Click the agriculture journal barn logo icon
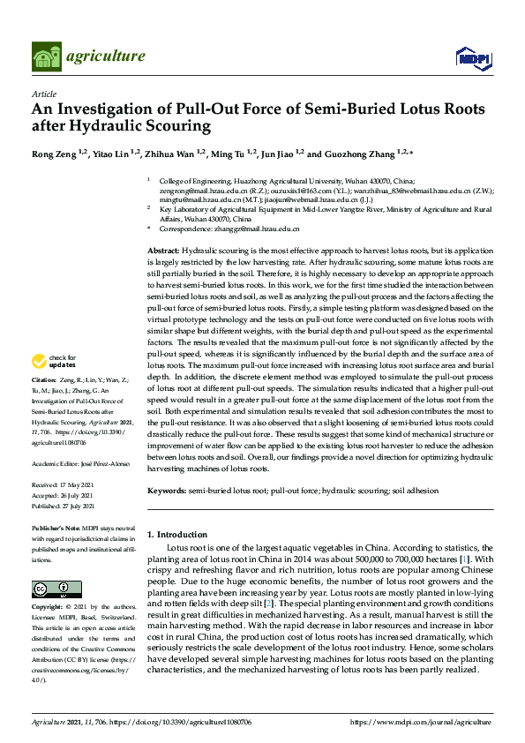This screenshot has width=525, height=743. click(x=46, y=56)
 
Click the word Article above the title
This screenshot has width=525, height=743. click(x=43, y=94)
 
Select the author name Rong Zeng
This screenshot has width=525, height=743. click(x=53, y=154)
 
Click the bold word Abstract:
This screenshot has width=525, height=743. click(x=162, y=251)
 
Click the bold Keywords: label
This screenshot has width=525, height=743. click(x=166, y=490)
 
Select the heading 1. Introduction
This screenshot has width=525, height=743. click(x=177, y=535)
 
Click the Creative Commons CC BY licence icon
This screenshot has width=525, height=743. click(x=56, y=589)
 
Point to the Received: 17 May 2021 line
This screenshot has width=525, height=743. click(x=63, y=484)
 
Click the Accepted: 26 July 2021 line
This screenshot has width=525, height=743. click(x=64, y=495)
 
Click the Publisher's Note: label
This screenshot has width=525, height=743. click(x=56, y=528)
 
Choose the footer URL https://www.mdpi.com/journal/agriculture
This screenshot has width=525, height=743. click(x=421, y=722)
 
